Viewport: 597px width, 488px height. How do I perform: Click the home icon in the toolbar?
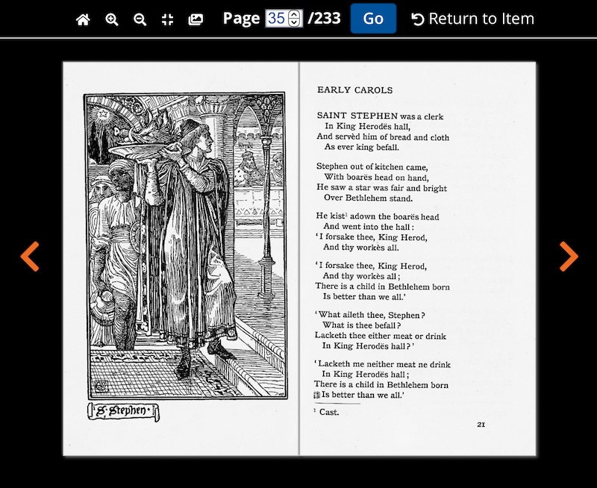[x=83, y=19]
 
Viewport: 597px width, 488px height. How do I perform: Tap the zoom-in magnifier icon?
[x=112, y=19]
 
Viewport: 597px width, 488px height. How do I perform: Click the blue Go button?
[x=373, y=19]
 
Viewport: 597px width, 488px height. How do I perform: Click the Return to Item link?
[x=472, y=19]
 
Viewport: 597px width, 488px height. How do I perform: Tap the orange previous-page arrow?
[x=30, y=256]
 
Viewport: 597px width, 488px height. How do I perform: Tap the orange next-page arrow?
[x=569, y=256]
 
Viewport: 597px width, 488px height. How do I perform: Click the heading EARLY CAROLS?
[x=354, y=90]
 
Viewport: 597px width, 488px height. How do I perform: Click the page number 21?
[x=481, y=425]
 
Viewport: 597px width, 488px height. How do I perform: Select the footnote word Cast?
[x=329, y=412]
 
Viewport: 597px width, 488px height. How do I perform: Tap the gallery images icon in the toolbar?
[x=196, y=19]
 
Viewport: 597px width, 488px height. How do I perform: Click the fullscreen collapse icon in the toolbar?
[x=168, y=19]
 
